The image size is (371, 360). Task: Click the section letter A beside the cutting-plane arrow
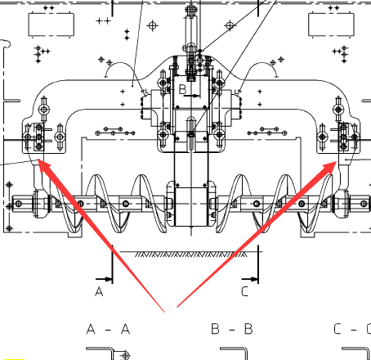(x=99, y=291)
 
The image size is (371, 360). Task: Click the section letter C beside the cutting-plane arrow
(x=244, y=291)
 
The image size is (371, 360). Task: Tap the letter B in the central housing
(x=182, y=89)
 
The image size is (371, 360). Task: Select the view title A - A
(x=108, y=329)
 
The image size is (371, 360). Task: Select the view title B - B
(x=232, y=329)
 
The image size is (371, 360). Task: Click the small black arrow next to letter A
(x=104, y=279)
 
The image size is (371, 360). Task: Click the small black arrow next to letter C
(x=250, y=279)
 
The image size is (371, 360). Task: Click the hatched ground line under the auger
(x=191, y=254)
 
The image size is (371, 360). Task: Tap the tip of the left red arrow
(x=38, y=160)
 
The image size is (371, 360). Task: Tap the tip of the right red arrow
(x=337, y=161)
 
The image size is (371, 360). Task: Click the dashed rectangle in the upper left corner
(x=51, y=25)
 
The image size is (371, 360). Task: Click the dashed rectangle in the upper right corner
(x=331, y=25)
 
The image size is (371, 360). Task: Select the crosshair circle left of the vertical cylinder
(x=153, y=26)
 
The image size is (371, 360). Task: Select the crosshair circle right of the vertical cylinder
(x=230, y=25)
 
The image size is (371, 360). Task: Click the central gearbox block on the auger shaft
(x=191, y=207)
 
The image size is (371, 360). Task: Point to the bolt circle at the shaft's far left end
(x=19, y=204)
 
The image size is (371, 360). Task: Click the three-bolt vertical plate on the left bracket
(x=38, y=137)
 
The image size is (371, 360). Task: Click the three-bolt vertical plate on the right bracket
(x=343, y=137)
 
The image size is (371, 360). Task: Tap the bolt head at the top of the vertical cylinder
(x=191, y=11)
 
